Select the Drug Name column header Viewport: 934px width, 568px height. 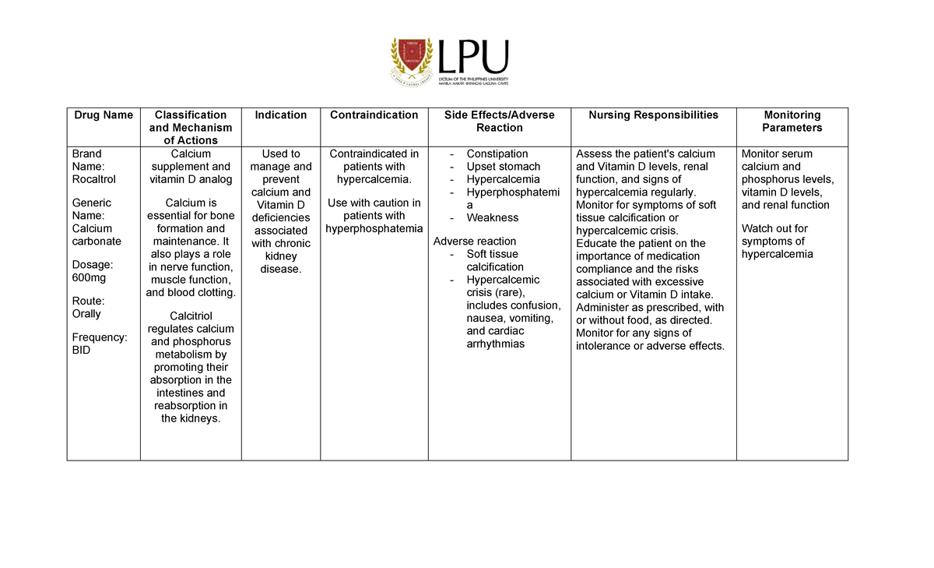(x=104, y=115)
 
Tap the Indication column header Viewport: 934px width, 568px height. (x=281, y=115)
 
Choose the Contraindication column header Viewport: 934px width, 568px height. (x=374, y=115)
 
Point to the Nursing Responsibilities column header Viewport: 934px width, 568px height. (x=654, y=115)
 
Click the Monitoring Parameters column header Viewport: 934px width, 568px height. (x=792, y=122)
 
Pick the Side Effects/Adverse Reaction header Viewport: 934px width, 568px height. (x=499, y=122)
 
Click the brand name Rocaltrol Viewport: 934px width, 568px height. (x=93, y=179)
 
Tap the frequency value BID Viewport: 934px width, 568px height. (x=81, y=350)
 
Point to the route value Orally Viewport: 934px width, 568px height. (x=86, y=314)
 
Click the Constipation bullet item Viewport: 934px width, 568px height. (x=497, y=154)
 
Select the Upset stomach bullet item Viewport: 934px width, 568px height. (x=503, y=167)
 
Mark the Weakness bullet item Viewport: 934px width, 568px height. (x=492, y=218)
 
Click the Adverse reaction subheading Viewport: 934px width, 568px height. (x=475, y=242)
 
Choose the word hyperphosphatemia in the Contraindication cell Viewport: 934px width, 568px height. (x=374, y=228)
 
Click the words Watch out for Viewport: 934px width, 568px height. (x=774, y=228)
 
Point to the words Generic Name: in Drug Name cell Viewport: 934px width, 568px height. (x=91, y=210)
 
